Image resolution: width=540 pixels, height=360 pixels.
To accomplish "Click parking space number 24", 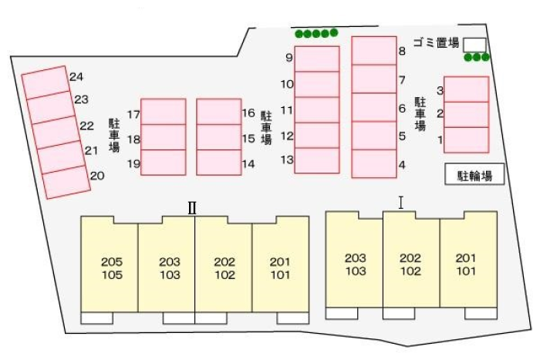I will (x=45, y=81).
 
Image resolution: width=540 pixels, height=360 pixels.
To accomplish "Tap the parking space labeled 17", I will (x=163, y=112).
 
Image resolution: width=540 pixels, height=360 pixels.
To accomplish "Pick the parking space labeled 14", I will (x=219, y=163).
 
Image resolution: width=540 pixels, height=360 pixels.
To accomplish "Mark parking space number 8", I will (x=373, y=51).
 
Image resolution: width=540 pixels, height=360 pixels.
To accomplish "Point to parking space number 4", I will (x=373, y=163).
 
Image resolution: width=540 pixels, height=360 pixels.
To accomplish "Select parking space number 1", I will (x=467, y=140).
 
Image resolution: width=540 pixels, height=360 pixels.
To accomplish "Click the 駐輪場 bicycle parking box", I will (x=474, y=175).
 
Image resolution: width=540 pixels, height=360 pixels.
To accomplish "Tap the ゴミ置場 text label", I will (x=436, y=42).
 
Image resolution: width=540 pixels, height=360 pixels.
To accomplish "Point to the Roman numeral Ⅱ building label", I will (x=193, y=207).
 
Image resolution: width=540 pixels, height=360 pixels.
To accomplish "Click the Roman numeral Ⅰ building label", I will (x=401, y=202).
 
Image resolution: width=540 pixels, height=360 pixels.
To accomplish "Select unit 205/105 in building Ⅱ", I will (x=111, y=267).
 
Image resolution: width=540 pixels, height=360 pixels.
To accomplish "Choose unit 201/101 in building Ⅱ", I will (x=280, y=267).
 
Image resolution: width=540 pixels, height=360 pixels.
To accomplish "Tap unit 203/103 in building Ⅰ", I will (x=355, y=264).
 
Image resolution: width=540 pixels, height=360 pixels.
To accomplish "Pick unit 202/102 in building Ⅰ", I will (x=410, y=264).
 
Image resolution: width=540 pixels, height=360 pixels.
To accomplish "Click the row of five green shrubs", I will (x=316, y=33).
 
